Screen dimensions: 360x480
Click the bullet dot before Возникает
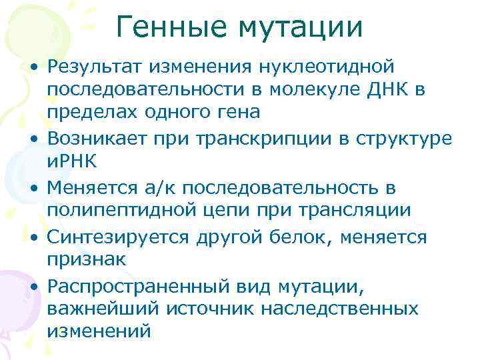[x=32, y=137]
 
